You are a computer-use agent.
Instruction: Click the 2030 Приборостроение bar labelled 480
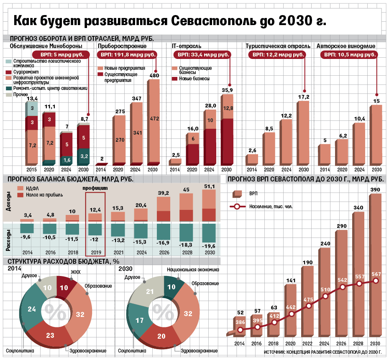pos(154,121)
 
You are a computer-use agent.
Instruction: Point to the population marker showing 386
pos(240,329)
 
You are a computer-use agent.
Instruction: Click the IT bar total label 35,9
pos(227,90)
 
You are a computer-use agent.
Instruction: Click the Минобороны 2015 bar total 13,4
pos(32,99)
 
